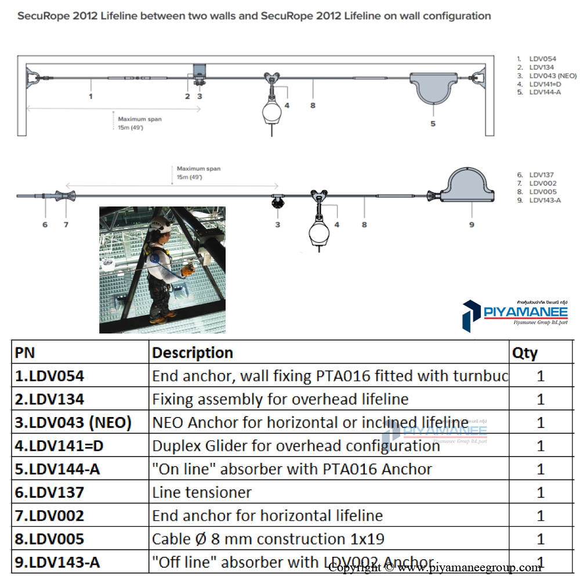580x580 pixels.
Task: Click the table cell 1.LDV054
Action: pyautogui.click(x=50, y=376)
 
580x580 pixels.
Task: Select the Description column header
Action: pyautogui.click(x=193, y=353)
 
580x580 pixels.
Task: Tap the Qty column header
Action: pyautogui.click(x=525, y=353)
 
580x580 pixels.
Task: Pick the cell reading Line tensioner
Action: pyautogui.click(x=202, y=492)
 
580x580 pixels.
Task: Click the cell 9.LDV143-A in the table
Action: pyautogui.click(x=57, y=562)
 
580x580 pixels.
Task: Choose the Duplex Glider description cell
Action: pyautogui.click(x=296, y=445)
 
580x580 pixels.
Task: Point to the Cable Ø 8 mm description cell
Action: pyautogui.click(x=268, y=539)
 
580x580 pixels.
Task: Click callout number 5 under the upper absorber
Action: pyautogui.click(x=433, y=124)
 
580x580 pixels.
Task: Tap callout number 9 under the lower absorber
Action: pyautogui.click(x=472, y=224)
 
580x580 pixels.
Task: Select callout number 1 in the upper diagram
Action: pyautogui.click(x=90, y=96)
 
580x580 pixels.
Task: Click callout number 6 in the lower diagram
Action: pyautogui.click(x=45, y=224)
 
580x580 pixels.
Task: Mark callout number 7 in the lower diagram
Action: pyautogui.click(x=66, y=224)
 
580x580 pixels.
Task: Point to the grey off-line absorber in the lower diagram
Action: pyautogui.click(x=470, y=186)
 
